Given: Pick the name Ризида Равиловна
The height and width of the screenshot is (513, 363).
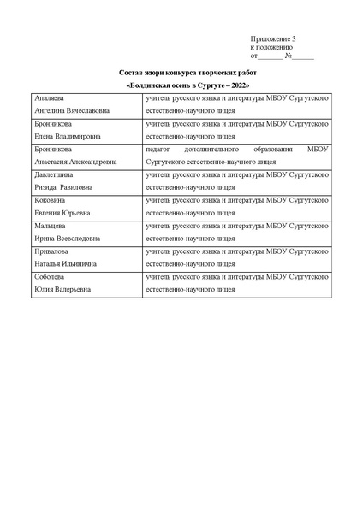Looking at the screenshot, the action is (x=64, y=186).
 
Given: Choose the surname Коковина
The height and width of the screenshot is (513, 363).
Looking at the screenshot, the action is (x=51, y=199).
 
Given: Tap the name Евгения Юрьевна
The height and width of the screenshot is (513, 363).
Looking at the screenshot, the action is (x=62, y=212).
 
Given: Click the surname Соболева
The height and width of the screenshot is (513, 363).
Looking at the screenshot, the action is (x=51, y=277).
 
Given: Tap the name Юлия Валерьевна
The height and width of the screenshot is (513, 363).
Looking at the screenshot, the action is (x=62, y=290).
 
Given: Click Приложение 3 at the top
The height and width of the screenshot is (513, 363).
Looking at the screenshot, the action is (x=273, y=39).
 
